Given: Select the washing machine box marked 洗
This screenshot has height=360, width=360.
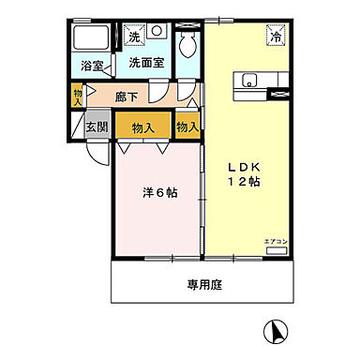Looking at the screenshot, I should coord(134,37).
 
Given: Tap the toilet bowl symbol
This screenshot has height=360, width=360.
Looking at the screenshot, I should coord(189,43).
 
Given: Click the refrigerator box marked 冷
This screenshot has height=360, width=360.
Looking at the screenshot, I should coord(277,37).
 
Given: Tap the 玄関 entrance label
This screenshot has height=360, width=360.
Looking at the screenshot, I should coord(97,126).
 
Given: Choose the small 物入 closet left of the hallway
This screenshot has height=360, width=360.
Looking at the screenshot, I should coord(78,97).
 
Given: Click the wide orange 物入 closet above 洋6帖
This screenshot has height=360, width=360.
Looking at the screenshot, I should coord(142,126).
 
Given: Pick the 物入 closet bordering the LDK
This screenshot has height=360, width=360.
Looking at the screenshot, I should coord(187,126).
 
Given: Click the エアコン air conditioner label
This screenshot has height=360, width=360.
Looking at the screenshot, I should coord(274,242).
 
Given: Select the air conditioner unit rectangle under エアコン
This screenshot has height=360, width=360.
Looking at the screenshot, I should coord(276,251).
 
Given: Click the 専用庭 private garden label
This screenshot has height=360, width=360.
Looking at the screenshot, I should coord(203,283).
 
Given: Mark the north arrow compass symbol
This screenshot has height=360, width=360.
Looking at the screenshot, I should coord(277,329).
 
